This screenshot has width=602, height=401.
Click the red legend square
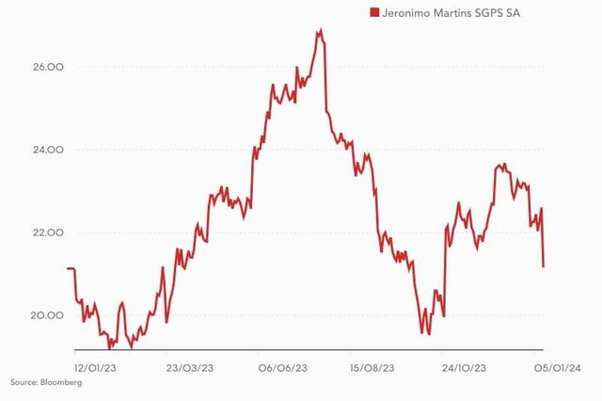[x=373, y=12]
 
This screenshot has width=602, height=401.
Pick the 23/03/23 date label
[x=190, y=367]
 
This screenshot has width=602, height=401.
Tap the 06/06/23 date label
[x=283, y=367]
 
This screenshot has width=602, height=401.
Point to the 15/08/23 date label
[x=372, y=367]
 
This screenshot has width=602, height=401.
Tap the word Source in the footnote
[x=24, y=383]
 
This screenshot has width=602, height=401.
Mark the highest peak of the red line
[x=320, y=30]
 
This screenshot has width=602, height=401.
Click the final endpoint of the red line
[x=544, y=266]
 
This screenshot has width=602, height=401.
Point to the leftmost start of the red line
[x=68, y=268]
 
